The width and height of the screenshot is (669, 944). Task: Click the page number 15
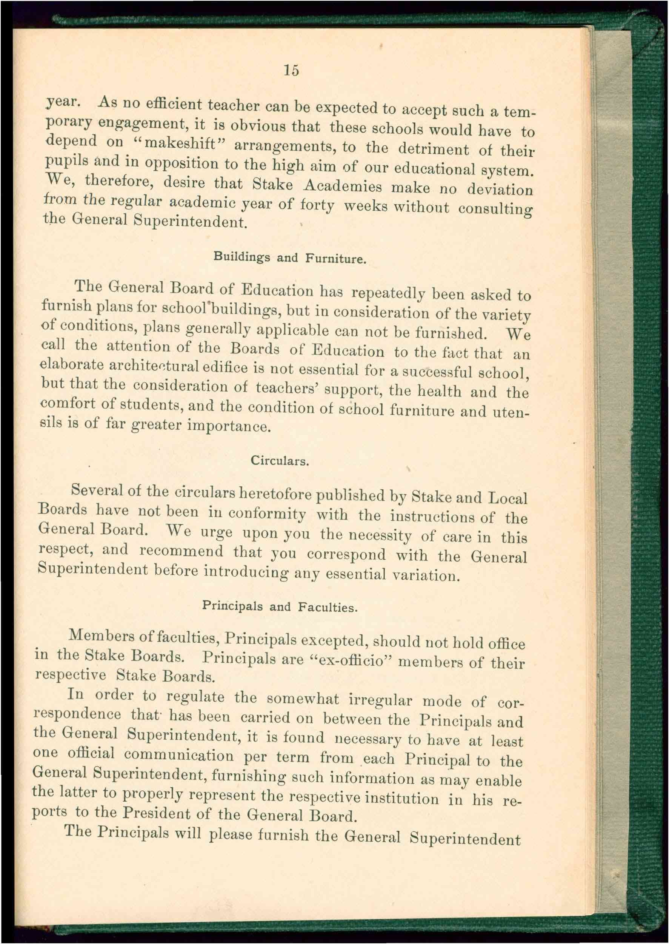[x=291, y=71]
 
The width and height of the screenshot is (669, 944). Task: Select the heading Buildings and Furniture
[x=289, y=258]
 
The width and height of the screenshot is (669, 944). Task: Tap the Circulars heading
[x=280, y=460]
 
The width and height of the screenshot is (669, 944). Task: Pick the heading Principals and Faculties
[x=280, y=606]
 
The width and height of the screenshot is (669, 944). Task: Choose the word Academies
[x=342, y=186]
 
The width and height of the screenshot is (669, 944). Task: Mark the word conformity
[x=267, y=514]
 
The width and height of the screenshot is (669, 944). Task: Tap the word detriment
[x=434, y=149]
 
